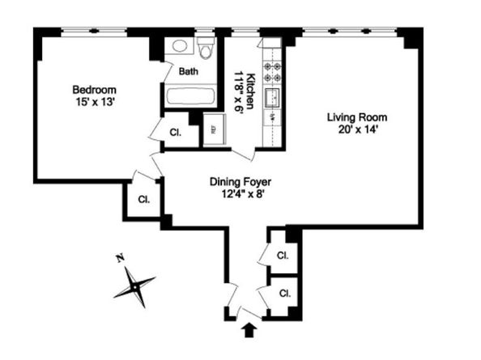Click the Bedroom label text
[95, 90]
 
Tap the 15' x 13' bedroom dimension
[95, 102]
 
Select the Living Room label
[357, 117]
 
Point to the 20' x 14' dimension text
[357, 129]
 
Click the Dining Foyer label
[240, 182]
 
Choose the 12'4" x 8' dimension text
[243, 194]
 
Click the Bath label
[189, 71]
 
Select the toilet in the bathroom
[206, 48]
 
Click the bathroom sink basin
[180, 46]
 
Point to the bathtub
[190, 96]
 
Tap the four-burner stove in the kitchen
[272, 71]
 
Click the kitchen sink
[272, 98]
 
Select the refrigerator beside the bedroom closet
[215, 129]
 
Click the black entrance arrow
[249, 330]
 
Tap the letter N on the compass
[120, 258]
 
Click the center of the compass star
[134, 287]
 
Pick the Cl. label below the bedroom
[144, 200]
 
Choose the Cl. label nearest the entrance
[285, 294]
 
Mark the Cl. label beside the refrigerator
[176, 133]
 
